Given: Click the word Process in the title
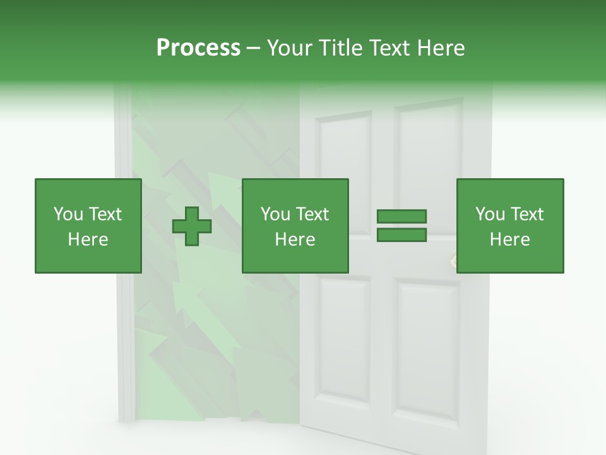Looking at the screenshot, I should [198, 48].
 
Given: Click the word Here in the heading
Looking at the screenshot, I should [443, 48].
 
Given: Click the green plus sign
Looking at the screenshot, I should [192, 226].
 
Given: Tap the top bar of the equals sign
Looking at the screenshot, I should [401, 217].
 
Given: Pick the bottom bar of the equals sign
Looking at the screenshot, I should [401, 235].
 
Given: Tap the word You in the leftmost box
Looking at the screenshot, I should [67, 214].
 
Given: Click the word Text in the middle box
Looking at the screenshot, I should [312, 214].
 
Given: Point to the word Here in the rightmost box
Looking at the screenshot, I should [510, 240].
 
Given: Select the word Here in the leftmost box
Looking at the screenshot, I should [88, 240].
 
